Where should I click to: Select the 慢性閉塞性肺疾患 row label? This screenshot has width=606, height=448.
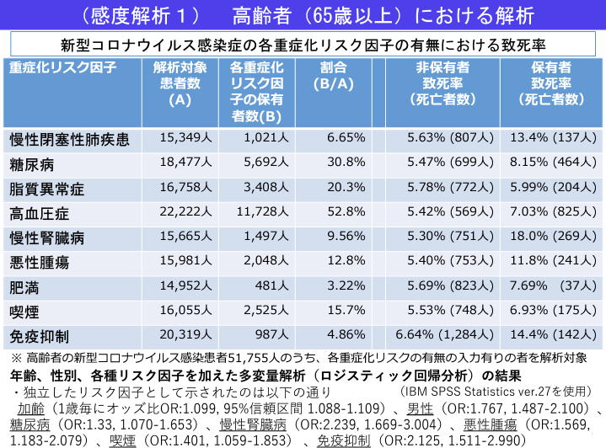coord(69,138)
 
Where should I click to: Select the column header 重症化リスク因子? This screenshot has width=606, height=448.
coord(62,67)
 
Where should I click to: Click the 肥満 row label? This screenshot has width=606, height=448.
coord(26,287)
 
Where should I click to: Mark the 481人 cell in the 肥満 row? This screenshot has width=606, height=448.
coord(261,287)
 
